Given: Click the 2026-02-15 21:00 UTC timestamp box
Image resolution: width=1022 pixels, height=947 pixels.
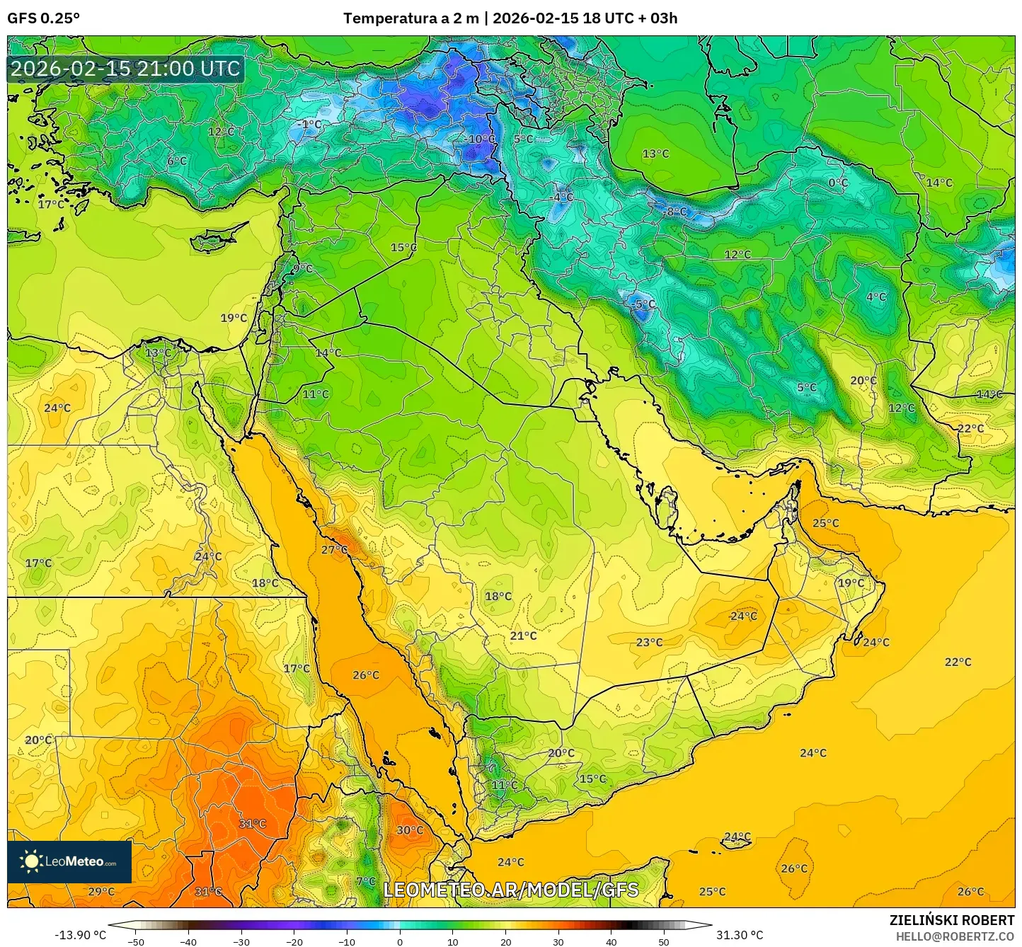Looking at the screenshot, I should click(125, 69).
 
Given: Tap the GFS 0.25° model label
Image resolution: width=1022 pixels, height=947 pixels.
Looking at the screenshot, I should click(43, 18).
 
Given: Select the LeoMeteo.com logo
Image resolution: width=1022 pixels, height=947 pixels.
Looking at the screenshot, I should click(69, 861).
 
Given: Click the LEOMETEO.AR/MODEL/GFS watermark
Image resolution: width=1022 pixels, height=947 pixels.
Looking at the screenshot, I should click(510, 890).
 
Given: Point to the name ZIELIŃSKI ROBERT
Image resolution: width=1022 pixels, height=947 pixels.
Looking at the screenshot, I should click(951, 920).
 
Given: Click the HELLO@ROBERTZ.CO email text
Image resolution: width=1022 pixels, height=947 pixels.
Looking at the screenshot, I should click(955, 936).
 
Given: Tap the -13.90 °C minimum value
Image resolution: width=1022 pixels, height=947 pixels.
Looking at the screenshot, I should click(80, 935).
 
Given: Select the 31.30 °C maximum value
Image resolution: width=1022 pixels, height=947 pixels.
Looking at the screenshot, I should click(740, 935).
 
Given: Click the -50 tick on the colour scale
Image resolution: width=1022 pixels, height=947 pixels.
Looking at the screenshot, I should click(135, 941).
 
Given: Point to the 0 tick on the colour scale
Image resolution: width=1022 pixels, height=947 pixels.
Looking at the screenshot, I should click(400, 941).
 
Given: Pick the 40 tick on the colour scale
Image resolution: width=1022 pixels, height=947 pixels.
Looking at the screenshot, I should click(612, 941).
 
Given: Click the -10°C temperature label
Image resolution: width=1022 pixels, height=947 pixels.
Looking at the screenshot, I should click(481, 139).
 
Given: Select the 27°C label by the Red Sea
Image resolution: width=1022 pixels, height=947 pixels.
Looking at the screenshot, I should click(334, 550).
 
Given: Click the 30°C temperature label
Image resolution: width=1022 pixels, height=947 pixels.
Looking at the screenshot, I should click(409, 830).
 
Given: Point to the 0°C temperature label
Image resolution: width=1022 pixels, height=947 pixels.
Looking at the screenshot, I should click(838, 183).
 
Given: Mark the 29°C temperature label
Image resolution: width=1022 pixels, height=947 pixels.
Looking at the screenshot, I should click(101, 892).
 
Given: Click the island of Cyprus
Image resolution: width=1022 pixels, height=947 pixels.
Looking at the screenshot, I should click(216, 239).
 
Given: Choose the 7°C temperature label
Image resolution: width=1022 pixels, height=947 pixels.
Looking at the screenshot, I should click(366, 881).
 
